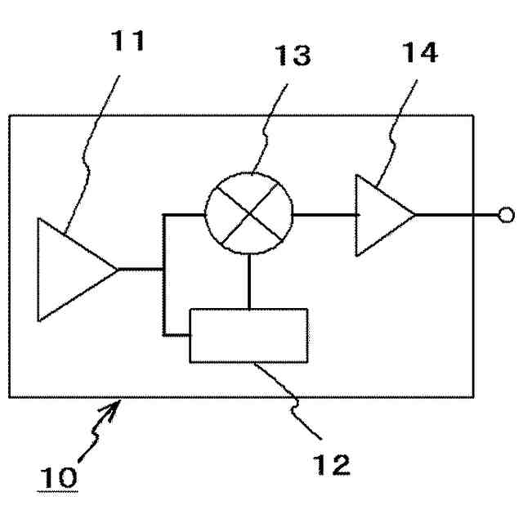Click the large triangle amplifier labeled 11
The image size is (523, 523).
click(x=69, y=269)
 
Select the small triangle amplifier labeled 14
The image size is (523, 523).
click(x=381, y=215)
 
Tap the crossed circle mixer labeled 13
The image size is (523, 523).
click(x=248, y=215)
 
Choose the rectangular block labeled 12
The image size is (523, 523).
click(x=248, y=335)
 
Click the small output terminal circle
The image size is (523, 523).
click(x=506, y=215)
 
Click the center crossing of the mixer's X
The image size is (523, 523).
click(x=248, y=215)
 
